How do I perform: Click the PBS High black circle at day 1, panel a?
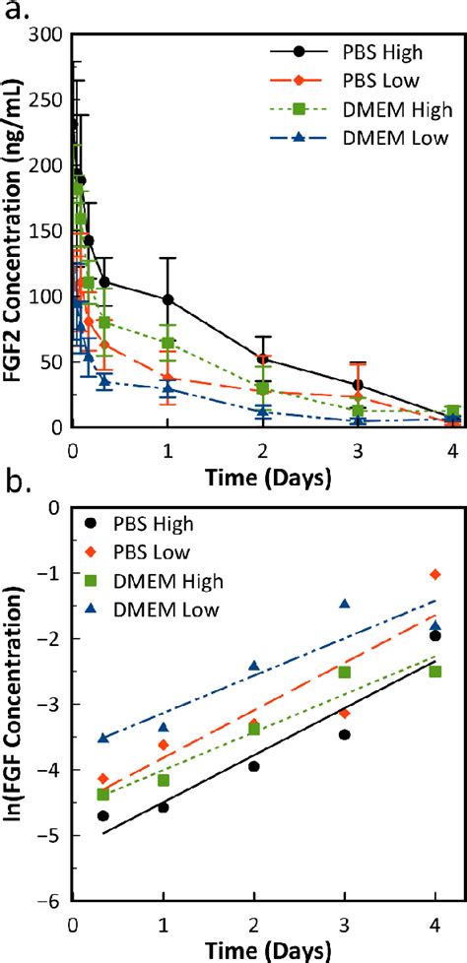click(x=168, y=299)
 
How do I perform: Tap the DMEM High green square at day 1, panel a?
click(x=168, y=343)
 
